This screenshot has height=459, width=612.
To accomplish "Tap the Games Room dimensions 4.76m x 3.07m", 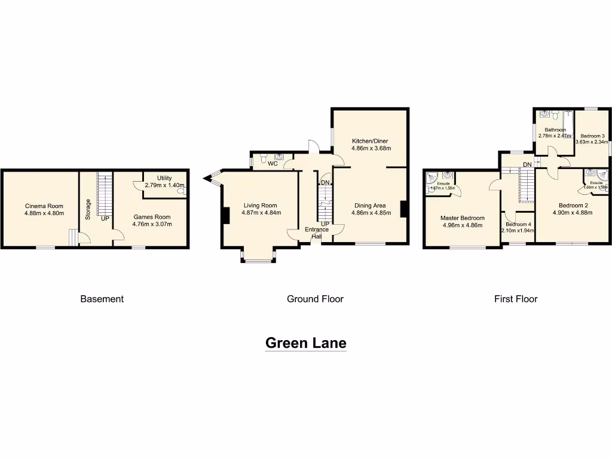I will pyautogui.click(x=151, y=225).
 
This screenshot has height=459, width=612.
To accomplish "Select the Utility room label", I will pyautogui.click(x=164, y=178).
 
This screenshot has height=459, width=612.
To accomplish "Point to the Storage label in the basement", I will pyautogui.click(x=88, y=209).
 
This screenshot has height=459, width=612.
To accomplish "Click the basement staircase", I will pyautogui.click(x=105, y=194).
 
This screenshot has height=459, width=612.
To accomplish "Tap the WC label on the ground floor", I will pyautogui.click(x=273, y=163).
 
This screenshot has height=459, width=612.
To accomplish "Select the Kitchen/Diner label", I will pyautogui.click(x=370, y=140).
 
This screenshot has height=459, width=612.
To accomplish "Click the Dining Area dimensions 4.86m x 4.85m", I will pyautogui.click(x=371, y=213).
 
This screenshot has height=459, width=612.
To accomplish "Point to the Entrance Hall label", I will pyautogui.click(x=317, y=232).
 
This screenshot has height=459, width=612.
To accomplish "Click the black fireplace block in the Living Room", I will pyautogui.click(x=225, y=215).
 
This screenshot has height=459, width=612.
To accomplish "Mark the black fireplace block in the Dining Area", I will pyautogui.click(x=404, y=209).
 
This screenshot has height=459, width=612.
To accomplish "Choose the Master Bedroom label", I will pyautogui.click(x=462, y=218).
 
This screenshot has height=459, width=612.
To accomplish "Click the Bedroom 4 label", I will pyautogui.click(x=518, y=224).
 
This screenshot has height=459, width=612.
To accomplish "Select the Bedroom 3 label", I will pyautogui.click(x=592, y=135).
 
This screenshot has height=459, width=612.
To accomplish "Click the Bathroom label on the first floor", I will pyautogui.click(x=555, y=130).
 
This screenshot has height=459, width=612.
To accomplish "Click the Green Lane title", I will pyautogui.click(x=305, y=343).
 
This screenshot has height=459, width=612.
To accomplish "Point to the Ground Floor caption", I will pyautogui.click(x=315, y=299).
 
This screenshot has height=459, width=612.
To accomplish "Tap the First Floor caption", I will pyautogui.click(x=515, y=299).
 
